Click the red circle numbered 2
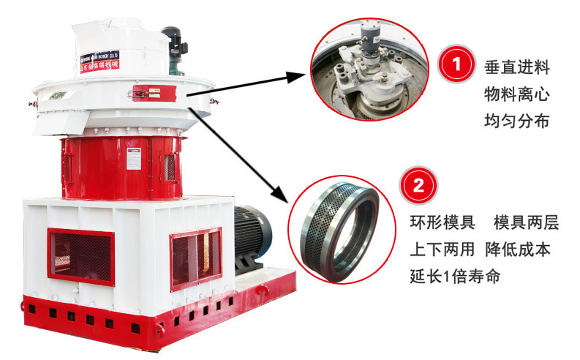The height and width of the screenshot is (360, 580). (418, 185)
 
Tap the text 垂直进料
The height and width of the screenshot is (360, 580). (516, 67)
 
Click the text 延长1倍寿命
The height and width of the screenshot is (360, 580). (455, 277)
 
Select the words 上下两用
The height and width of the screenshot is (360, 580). (442, 249)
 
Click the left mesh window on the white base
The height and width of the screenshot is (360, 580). (80, 256)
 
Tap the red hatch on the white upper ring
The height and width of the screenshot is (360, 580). (154, 93)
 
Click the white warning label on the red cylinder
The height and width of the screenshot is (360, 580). (133, 159)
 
